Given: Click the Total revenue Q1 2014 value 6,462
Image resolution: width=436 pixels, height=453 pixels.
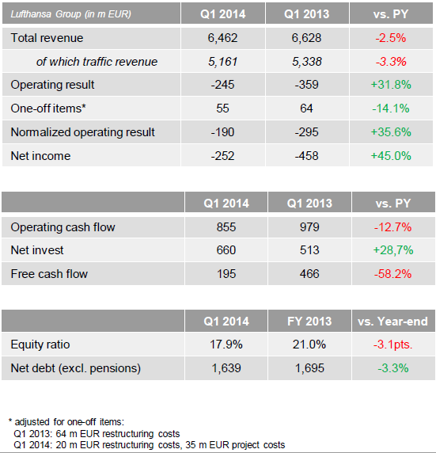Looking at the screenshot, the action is pyautogui.click(x=222, y=38).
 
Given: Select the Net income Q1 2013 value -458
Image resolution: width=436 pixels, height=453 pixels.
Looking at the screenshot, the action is pyautogui.click(x=307, y=156).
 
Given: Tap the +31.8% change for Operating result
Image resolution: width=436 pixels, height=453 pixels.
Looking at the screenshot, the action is pyautogui.click(x=391, y=85).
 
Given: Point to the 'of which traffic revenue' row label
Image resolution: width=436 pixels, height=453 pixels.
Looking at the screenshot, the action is pyautogui.click(x=97, y=62).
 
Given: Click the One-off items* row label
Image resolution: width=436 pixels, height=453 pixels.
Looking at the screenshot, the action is pyautogui.click(x=48, y=108).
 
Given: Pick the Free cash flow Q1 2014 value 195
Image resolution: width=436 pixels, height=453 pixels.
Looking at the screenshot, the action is pyautogui.click(x=226, y=274).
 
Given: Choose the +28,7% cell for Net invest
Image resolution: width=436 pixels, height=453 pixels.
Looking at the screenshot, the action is pyautogui.click(x=393, y=250).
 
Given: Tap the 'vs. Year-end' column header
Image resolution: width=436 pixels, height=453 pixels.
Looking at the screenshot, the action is pyautogui.click(x=392, y=322).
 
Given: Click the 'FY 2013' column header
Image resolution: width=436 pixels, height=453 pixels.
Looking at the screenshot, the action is pyautogui.click(x=309, y=322).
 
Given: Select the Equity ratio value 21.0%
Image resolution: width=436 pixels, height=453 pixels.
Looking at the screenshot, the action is pyautogui.click(x=309, y=345).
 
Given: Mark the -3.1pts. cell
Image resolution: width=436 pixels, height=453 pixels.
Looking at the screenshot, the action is pyautogui.click(x=393, y=345).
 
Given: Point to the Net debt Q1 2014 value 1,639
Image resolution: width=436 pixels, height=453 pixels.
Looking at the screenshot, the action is pyautogui.click(x=226, y=368).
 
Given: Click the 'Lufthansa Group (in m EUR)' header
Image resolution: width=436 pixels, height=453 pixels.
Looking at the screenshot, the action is pyautogui.click(x=70, y=14).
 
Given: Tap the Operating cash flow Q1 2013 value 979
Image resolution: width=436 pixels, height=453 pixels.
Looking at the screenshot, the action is pyautogui.click(x=309, y=227).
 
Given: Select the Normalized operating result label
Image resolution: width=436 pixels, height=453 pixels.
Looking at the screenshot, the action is pyautogui.click(x=83, y=132).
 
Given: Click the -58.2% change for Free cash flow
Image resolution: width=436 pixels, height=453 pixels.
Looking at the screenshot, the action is pyautogui.click(x=393, y=274).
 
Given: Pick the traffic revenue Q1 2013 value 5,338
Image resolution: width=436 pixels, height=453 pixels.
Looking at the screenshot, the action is pyautogui.click(x=307, y=62).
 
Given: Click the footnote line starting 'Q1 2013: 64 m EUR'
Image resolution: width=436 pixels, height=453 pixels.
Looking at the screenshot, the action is pyautogui.click(x=97, y=434).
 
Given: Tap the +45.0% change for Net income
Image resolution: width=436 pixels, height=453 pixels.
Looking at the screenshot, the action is pyautogui.click(x=391, y=156).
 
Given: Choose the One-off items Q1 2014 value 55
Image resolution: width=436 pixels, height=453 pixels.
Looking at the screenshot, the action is pyautogui.click(x=222, y=108).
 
